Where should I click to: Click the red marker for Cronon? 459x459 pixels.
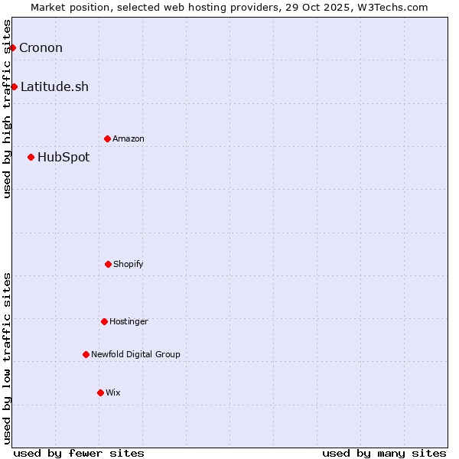pos(12,47)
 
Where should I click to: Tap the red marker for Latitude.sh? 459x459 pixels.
pos(14,86)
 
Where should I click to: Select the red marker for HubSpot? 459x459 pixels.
pos(31,157)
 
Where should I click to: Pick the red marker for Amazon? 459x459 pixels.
pos(107,138)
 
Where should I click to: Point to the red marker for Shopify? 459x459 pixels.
pos(108,264)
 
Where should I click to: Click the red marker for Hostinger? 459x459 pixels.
pos(104,321)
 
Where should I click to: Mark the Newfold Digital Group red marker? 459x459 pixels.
pos(86,354)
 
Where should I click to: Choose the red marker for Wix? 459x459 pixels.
pos(100,392)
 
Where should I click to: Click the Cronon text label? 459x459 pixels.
pos(41,47)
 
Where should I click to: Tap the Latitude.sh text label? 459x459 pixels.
pos(54,86)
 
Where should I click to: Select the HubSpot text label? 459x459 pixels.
pos(63,157)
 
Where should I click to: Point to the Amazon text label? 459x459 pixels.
pos(129,138)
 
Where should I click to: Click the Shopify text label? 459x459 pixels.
pos(129,264)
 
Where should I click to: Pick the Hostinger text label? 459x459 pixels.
pos(129,321)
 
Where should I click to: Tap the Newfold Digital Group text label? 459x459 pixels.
pos(135,354)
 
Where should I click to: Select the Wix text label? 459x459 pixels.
pos(113,392)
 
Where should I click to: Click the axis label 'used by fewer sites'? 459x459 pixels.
pos(79,453)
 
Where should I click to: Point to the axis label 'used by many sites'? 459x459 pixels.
pos(384,453)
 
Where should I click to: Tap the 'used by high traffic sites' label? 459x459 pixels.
pos(7,109)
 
